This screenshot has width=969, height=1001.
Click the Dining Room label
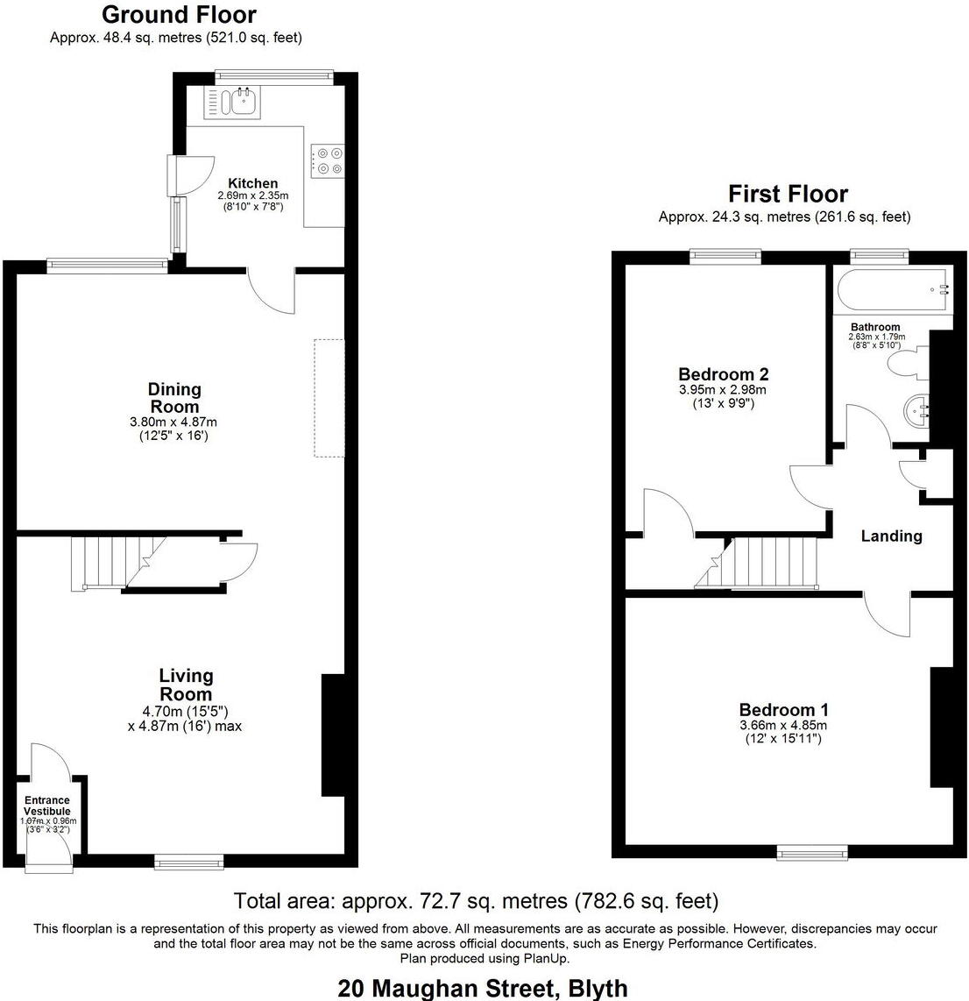click(173, 398)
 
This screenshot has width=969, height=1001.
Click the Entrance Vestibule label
click(47, 806)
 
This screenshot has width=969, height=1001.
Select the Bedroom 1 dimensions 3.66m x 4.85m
click(783, 725)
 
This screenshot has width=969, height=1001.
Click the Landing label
click(891, 536)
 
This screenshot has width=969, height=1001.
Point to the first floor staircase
click(762, 563)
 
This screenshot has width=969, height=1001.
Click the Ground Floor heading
click(179, 15)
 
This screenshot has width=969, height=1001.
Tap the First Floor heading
click(788, 194)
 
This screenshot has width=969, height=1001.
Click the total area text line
click(476, 900)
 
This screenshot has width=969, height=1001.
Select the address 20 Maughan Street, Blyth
click(483, 989)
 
